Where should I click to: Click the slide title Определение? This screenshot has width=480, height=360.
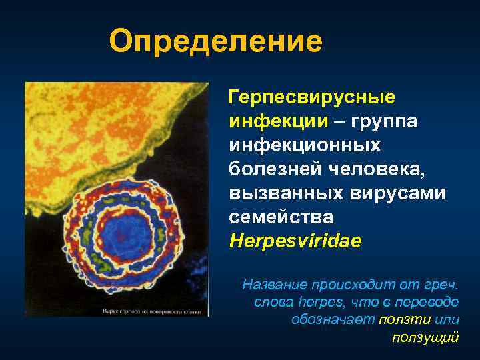coord(215,42)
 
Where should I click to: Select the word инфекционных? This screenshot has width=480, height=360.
coord(305,145)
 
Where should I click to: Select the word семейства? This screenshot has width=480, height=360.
coord(281,217)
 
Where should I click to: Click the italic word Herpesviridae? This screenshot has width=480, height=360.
coord(295,241)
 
